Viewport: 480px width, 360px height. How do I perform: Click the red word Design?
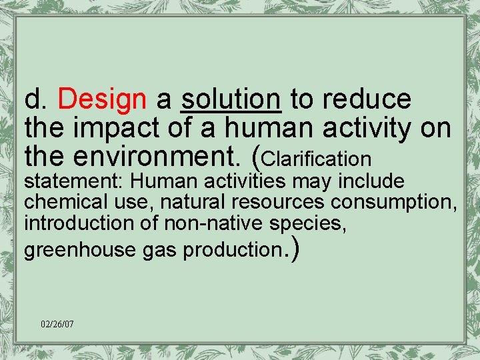point(102,100)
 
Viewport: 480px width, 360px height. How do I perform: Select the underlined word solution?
point(231,100)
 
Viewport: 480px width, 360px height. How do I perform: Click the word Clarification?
point(317,159)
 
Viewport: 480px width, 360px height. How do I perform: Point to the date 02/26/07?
point(57,324)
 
